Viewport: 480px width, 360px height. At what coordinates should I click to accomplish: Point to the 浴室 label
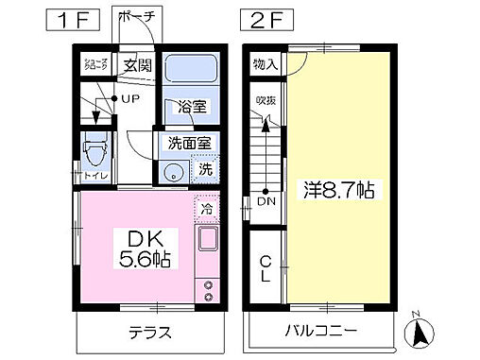tap(191, 108)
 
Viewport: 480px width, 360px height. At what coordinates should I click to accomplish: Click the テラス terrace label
tap(148, 332)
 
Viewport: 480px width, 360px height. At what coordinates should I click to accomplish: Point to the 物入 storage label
tap(265, 64)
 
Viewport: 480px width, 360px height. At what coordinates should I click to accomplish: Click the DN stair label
tap(266, 200)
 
